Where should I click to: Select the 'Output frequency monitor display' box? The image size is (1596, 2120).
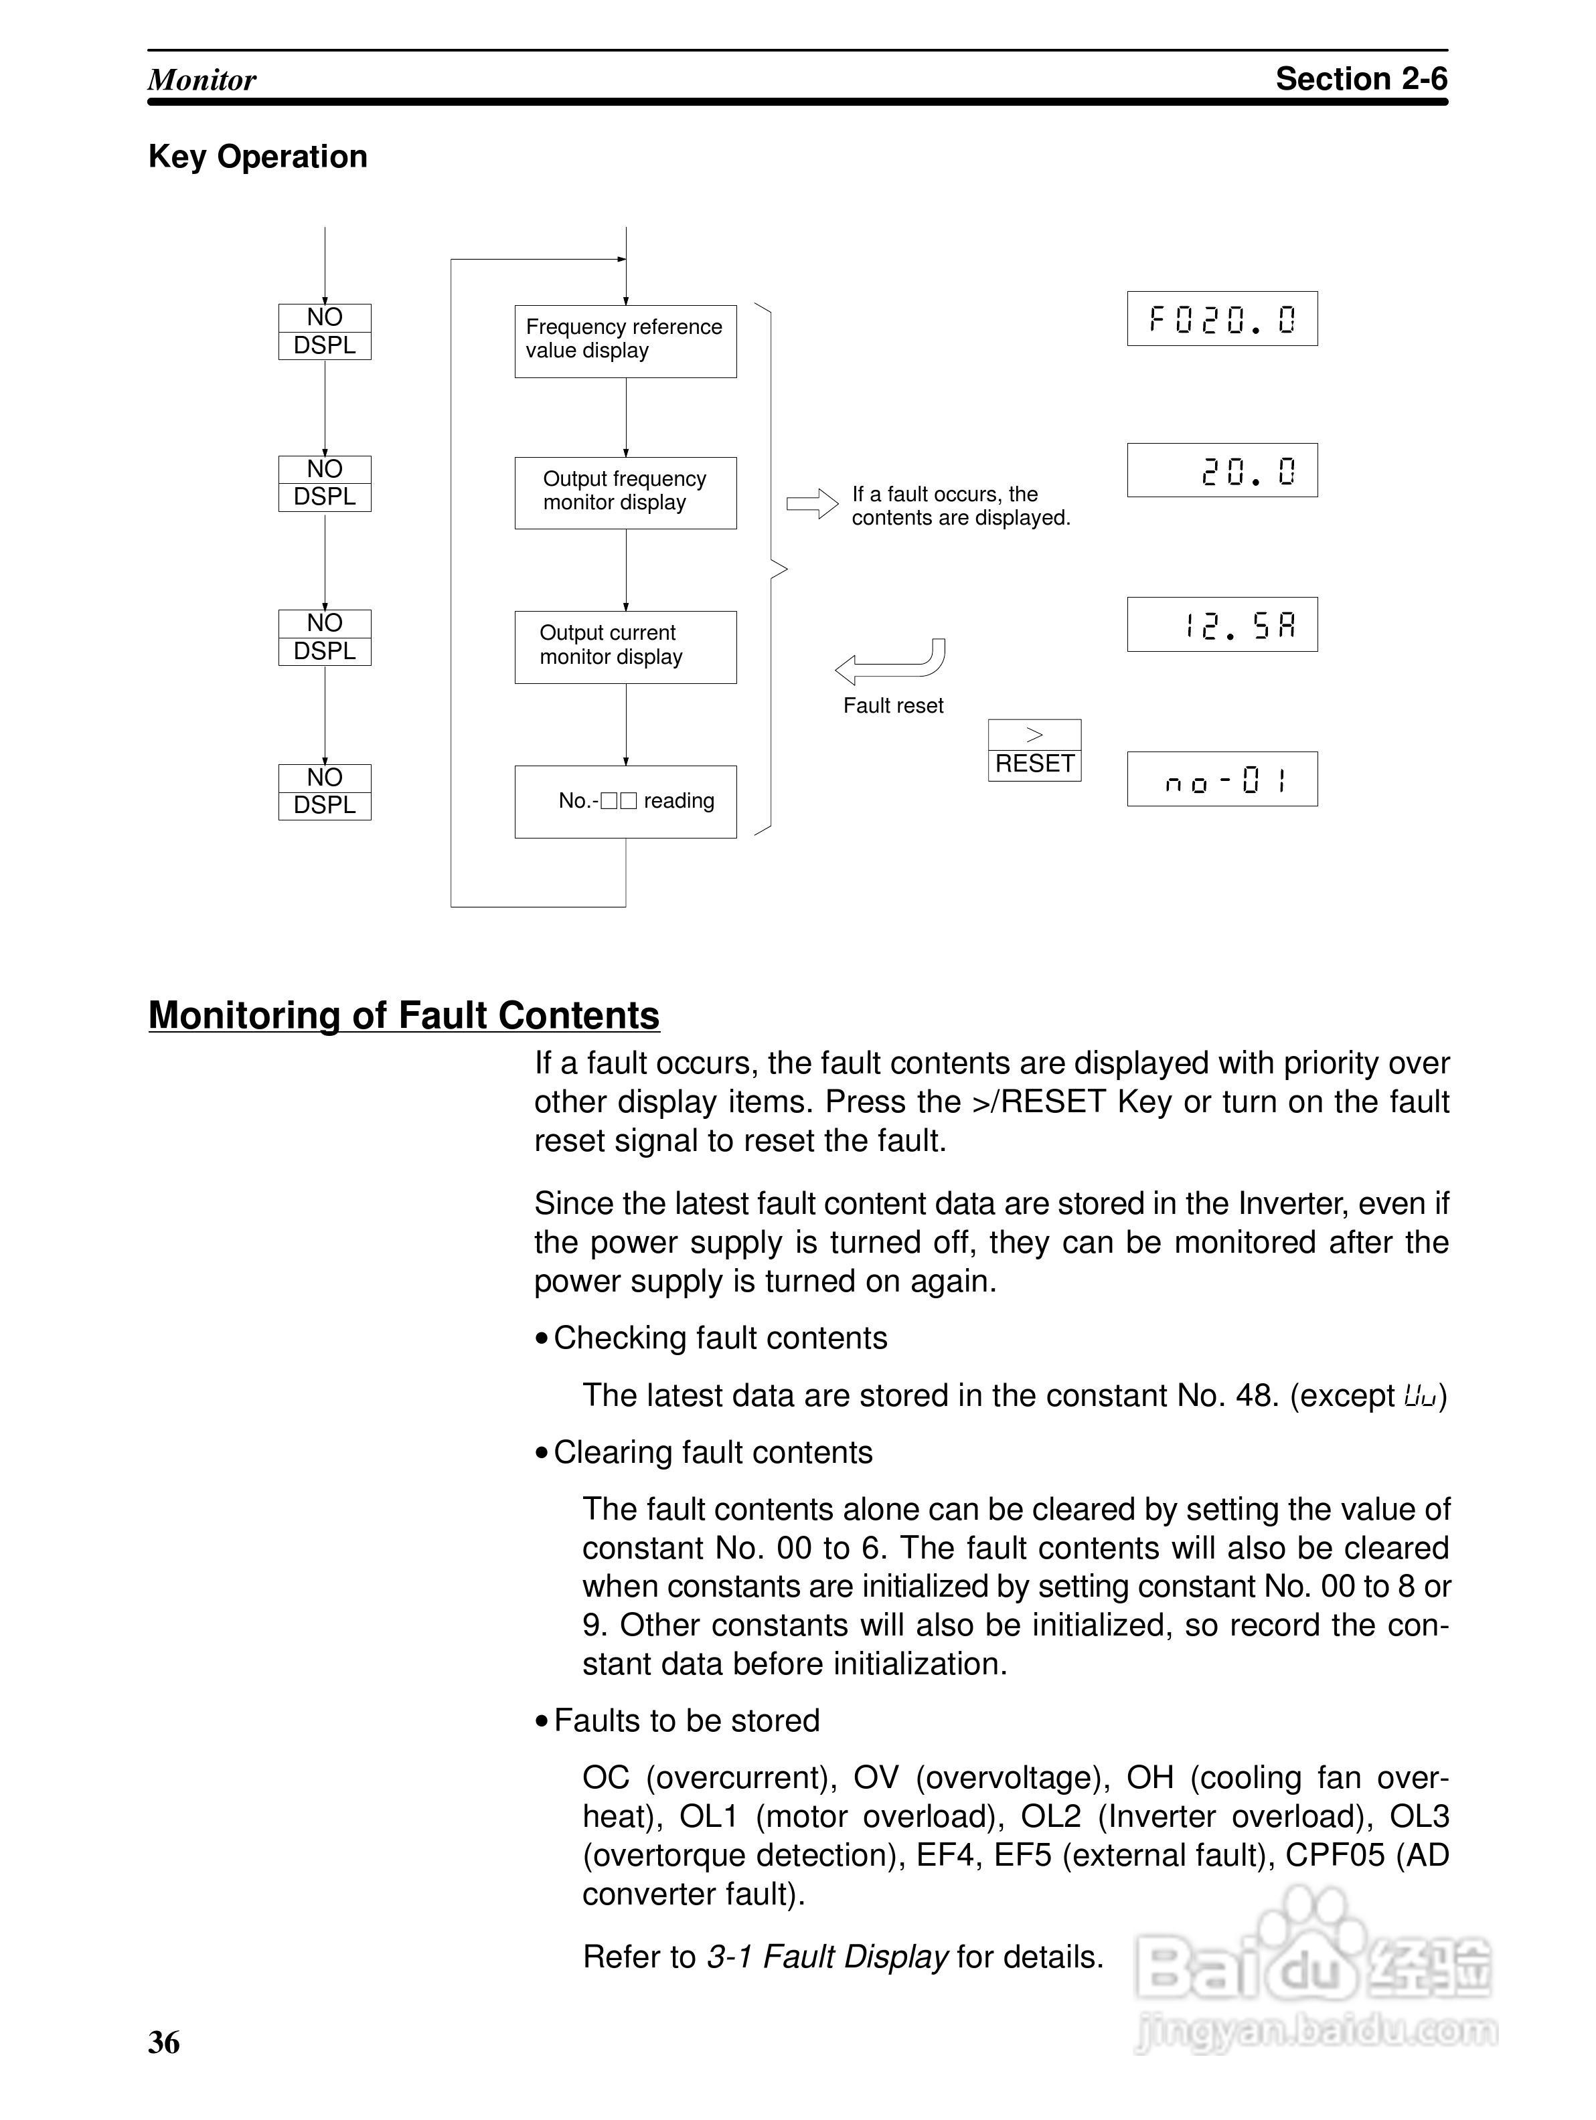625,493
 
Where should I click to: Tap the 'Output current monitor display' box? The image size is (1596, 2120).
625,647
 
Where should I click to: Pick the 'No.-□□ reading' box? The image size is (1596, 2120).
625,801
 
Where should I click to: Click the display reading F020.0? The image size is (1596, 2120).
1222,318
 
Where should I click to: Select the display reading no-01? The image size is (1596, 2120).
1222,779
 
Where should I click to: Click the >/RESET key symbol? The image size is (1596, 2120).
1034,750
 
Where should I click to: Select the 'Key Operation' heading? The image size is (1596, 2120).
258,156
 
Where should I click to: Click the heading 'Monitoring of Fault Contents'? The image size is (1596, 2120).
404,1015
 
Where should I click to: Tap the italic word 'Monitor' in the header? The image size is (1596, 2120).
202,80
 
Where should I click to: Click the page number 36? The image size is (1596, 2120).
164,2042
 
